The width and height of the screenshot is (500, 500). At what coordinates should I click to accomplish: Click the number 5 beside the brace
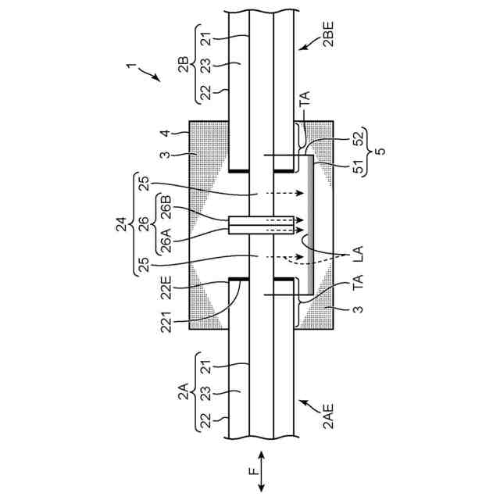click(380, 154)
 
